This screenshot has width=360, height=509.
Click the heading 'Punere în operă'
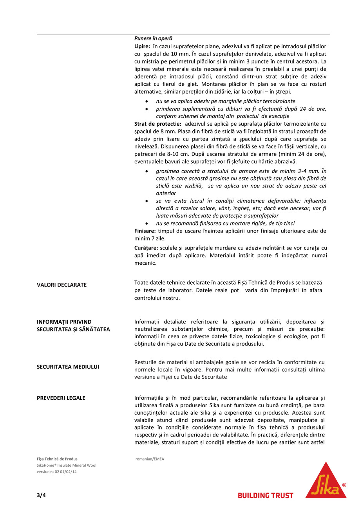pos(153,38)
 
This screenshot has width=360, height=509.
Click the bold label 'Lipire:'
pos(143,46)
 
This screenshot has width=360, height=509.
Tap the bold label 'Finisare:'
pos(145,231)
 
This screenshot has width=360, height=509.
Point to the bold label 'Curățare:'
pos(146,248)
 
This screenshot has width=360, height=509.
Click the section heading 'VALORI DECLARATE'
pos(62,285)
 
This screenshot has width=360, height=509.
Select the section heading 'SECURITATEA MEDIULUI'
pos(68,367)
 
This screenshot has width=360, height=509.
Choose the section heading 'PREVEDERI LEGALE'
pos(61,398)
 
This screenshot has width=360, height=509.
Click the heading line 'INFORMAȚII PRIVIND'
pos(64,322)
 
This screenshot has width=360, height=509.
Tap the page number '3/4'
pos(41,495)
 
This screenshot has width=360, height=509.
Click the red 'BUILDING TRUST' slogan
pos(265,496)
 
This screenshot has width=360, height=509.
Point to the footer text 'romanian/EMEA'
pos(150,459)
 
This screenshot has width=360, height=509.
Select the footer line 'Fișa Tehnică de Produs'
pos(57,459)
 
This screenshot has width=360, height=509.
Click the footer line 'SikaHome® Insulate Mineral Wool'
pos(66,465)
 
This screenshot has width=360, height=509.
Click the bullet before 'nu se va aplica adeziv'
pos(147,101)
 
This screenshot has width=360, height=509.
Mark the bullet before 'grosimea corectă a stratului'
pos(147,171)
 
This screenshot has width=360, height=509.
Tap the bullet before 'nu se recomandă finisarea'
pos(147,223)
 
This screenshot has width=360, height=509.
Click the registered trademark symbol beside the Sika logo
pos(344,485)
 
